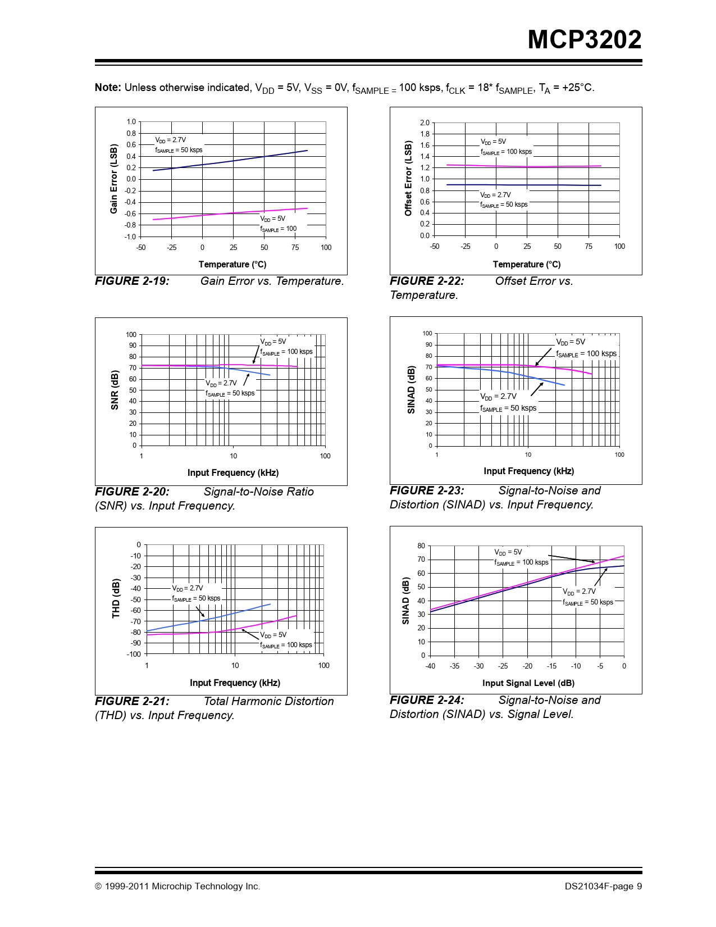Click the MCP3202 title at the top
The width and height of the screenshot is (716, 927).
coord(584,40)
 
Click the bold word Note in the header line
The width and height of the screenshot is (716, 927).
coord(107,88)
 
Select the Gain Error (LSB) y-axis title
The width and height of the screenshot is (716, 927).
coord(114,179)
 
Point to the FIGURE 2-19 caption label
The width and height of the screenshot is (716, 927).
coord(132,281)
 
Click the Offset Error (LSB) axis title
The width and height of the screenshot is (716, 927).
coord(408,179)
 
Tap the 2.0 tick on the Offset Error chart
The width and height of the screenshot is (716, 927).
coord(425,122)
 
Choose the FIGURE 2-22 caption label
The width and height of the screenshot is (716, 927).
coord(427,281)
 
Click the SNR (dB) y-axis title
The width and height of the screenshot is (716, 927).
coord(115,390)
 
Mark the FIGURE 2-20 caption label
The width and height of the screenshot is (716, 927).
coord(132,492)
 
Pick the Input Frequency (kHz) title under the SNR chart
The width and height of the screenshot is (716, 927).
coord(233,472)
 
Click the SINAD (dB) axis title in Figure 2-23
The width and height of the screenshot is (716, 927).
coord(411,390)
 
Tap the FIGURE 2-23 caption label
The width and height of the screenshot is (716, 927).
coord(427,490)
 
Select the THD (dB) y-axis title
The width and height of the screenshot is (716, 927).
coord(116,599)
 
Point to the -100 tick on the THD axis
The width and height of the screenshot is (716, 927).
coord(134,654)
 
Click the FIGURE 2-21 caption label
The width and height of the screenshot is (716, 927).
coord(132,701)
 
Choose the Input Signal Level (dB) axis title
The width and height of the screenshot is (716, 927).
coord(528,683)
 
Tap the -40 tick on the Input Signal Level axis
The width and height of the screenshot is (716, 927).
coord(430,666)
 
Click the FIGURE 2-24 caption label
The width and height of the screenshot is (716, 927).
coord(427,700)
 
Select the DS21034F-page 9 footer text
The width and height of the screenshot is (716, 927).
coord(603,887)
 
